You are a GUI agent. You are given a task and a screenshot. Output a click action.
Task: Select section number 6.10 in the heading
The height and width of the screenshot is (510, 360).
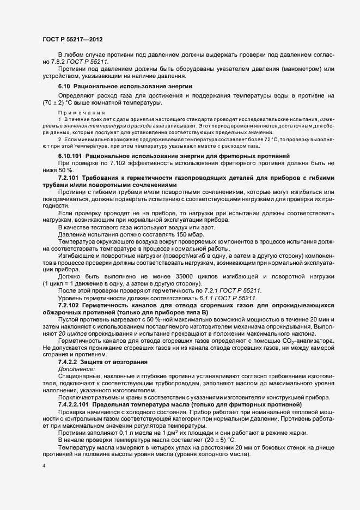tap(64, 87)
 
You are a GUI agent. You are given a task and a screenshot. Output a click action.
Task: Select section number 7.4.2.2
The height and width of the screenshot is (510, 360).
tap(68, 362)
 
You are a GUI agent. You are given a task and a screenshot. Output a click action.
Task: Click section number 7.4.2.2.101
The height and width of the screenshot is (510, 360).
tap(74, 405)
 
